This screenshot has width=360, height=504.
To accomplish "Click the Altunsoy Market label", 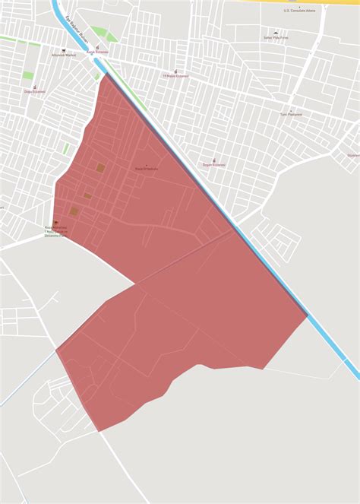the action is [x=64, y=55].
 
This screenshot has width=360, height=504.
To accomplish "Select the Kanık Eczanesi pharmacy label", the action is [x=97, y=52].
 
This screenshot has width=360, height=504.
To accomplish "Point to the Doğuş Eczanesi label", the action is [x=35, y=92].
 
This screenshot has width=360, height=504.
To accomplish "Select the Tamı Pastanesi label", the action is [x=291, y=114].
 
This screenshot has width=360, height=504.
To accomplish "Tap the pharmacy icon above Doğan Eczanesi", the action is [x=213, y=160].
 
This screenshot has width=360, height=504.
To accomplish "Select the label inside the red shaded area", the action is [x=146, y=169].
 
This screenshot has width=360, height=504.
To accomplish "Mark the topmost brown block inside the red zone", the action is [x=100, y=166].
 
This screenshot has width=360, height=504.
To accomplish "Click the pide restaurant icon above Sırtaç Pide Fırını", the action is [x=276, y=33].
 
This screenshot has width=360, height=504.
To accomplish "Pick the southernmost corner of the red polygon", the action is [x=99, y=431].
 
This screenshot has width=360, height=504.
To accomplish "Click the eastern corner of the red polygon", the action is [x=308, y=316].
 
